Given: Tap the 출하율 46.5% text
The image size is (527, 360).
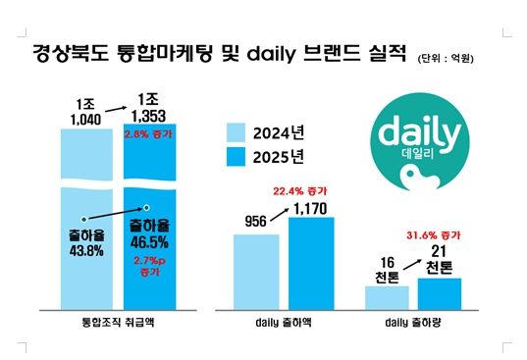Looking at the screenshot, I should (147, 235).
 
